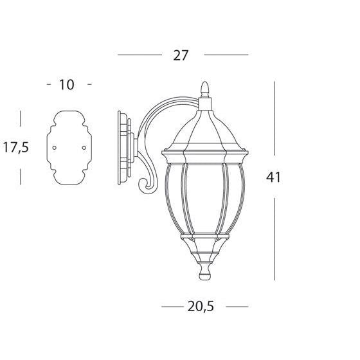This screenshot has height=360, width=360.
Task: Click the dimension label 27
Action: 181,55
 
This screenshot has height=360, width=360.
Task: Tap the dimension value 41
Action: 273,177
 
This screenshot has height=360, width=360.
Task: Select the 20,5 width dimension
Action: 201,307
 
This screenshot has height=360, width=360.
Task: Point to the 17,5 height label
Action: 16,148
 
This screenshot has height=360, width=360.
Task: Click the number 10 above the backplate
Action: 67,85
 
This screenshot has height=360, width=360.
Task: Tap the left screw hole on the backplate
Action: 55,148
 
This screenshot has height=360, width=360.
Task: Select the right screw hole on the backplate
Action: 84,148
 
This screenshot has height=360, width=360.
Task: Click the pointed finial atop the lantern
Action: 205,89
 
